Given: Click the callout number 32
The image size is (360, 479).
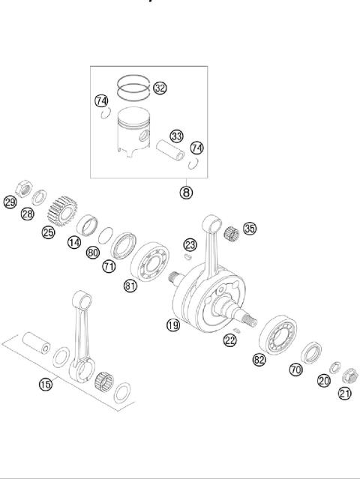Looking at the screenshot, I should point(160,88).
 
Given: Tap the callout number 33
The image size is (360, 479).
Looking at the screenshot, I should point(176,136).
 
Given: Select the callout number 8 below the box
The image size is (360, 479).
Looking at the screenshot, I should point(186,192).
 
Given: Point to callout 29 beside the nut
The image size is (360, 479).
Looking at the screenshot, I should point(10,202).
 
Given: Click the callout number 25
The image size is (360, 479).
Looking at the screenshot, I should point(48,232).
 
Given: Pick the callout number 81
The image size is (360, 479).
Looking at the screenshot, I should point(131,286).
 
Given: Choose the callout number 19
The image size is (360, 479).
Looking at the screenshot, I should point(173,325).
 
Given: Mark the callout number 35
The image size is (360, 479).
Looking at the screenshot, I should point(250,229).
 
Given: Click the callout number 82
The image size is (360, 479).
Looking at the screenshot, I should point(259,360).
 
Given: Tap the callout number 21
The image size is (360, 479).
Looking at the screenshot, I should point(345,394).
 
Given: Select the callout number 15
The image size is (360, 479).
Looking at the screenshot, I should point(46,385).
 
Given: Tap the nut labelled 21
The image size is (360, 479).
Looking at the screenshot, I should point(348,372).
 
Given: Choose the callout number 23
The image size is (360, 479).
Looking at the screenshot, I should point(190,244).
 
